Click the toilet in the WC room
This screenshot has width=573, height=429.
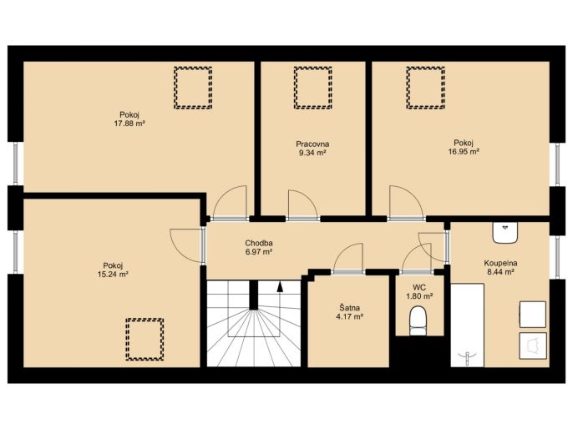click(x=418, y=321)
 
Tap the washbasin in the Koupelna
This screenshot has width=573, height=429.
click(x=505, y=233)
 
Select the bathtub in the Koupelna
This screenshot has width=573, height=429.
click(x=468, y=326)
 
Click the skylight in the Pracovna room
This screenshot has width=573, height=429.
click(x=312, y=88)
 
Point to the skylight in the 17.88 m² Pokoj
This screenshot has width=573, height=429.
click(x=193, y=88)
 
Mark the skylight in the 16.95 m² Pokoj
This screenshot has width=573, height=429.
click(x=425, y=88)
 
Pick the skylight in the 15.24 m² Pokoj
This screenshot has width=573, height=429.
click(x=145, y=339)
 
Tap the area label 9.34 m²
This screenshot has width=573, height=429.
click(x=312, y=153)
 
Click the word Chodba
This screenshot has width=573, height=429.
click(x=259, y=243)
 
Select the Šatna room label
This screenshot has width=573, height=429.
click(x=349, y=308)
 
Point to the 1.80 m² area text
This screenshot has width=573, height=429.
click(x=419, y=296)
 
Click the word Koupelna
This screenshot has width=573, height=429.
click(x=500, y=263)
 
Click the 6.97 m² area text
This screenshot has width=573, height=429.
click(x=259, y=251)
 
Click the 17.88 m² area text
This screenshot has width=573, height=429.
click(x=129, y=124)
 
